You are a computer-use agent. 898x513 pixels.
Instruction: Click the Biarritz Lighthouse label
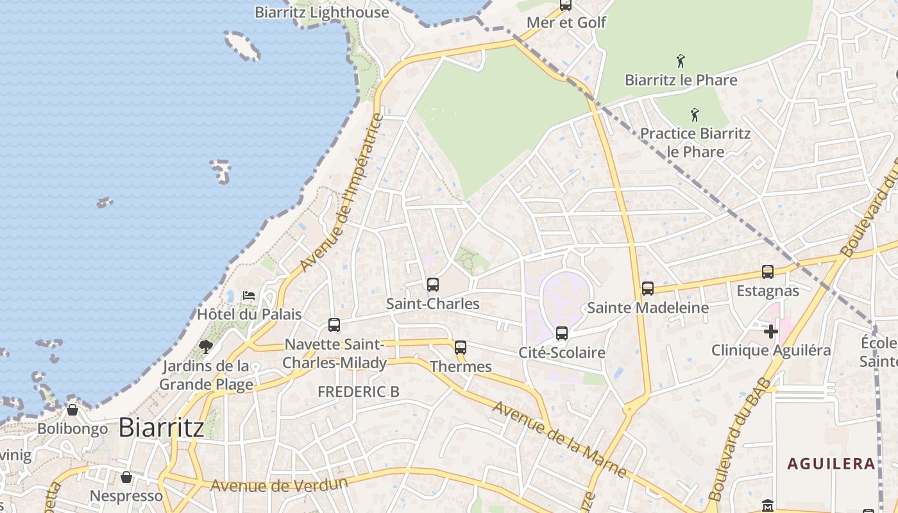tap(322, 12)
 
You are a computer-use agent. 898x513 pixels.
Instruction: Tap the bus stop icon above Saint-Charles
tap(433, 284)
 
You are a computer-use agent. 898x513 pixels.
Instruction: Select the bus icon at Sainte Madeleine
tap(648, 289)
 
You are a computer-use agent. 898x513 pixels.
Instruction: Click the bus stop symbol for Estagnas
tap(768, 272)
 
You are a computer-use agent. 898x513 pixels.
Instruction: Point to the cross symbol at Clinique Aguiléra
tap(771, 332)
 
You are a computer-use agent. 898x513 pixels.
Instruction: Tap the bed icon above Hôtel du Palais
tap(249, 296)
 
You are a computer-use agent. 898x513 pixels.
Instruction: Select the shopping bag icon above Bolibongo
tap(72, 409)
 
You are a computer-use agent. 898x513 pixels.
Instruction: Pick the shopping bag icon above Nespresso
tap(126, 477)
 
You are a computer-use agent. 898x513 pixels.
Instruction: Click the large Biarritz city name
tap(162, 428)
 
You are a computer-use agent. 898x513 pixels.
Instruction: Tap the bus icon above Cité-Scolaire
tap(562, 333)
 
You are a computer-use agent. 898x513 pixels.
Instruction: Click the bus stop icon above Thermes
tap(461, 348)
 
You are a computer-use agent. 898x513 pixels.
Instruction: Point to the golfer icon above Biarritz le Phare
tap(681, 62)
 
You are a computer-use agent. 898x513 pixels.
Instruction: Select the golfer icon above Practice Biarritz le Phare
tap(695, 115)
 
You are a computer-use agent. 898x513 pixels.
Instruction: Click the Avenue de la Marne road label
tap(559, 439)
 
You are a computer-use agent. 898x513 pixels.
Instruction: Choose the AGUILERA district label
tap(831, 464)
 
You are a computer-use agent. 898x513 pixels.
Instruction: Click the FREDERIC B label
tap(359, 391)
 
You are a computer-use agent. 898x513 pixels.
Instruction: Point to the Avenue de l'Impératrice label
tap(341, 192)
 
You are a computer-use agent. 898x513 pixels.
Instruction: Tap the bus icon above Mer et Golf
tap(566, 5)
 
